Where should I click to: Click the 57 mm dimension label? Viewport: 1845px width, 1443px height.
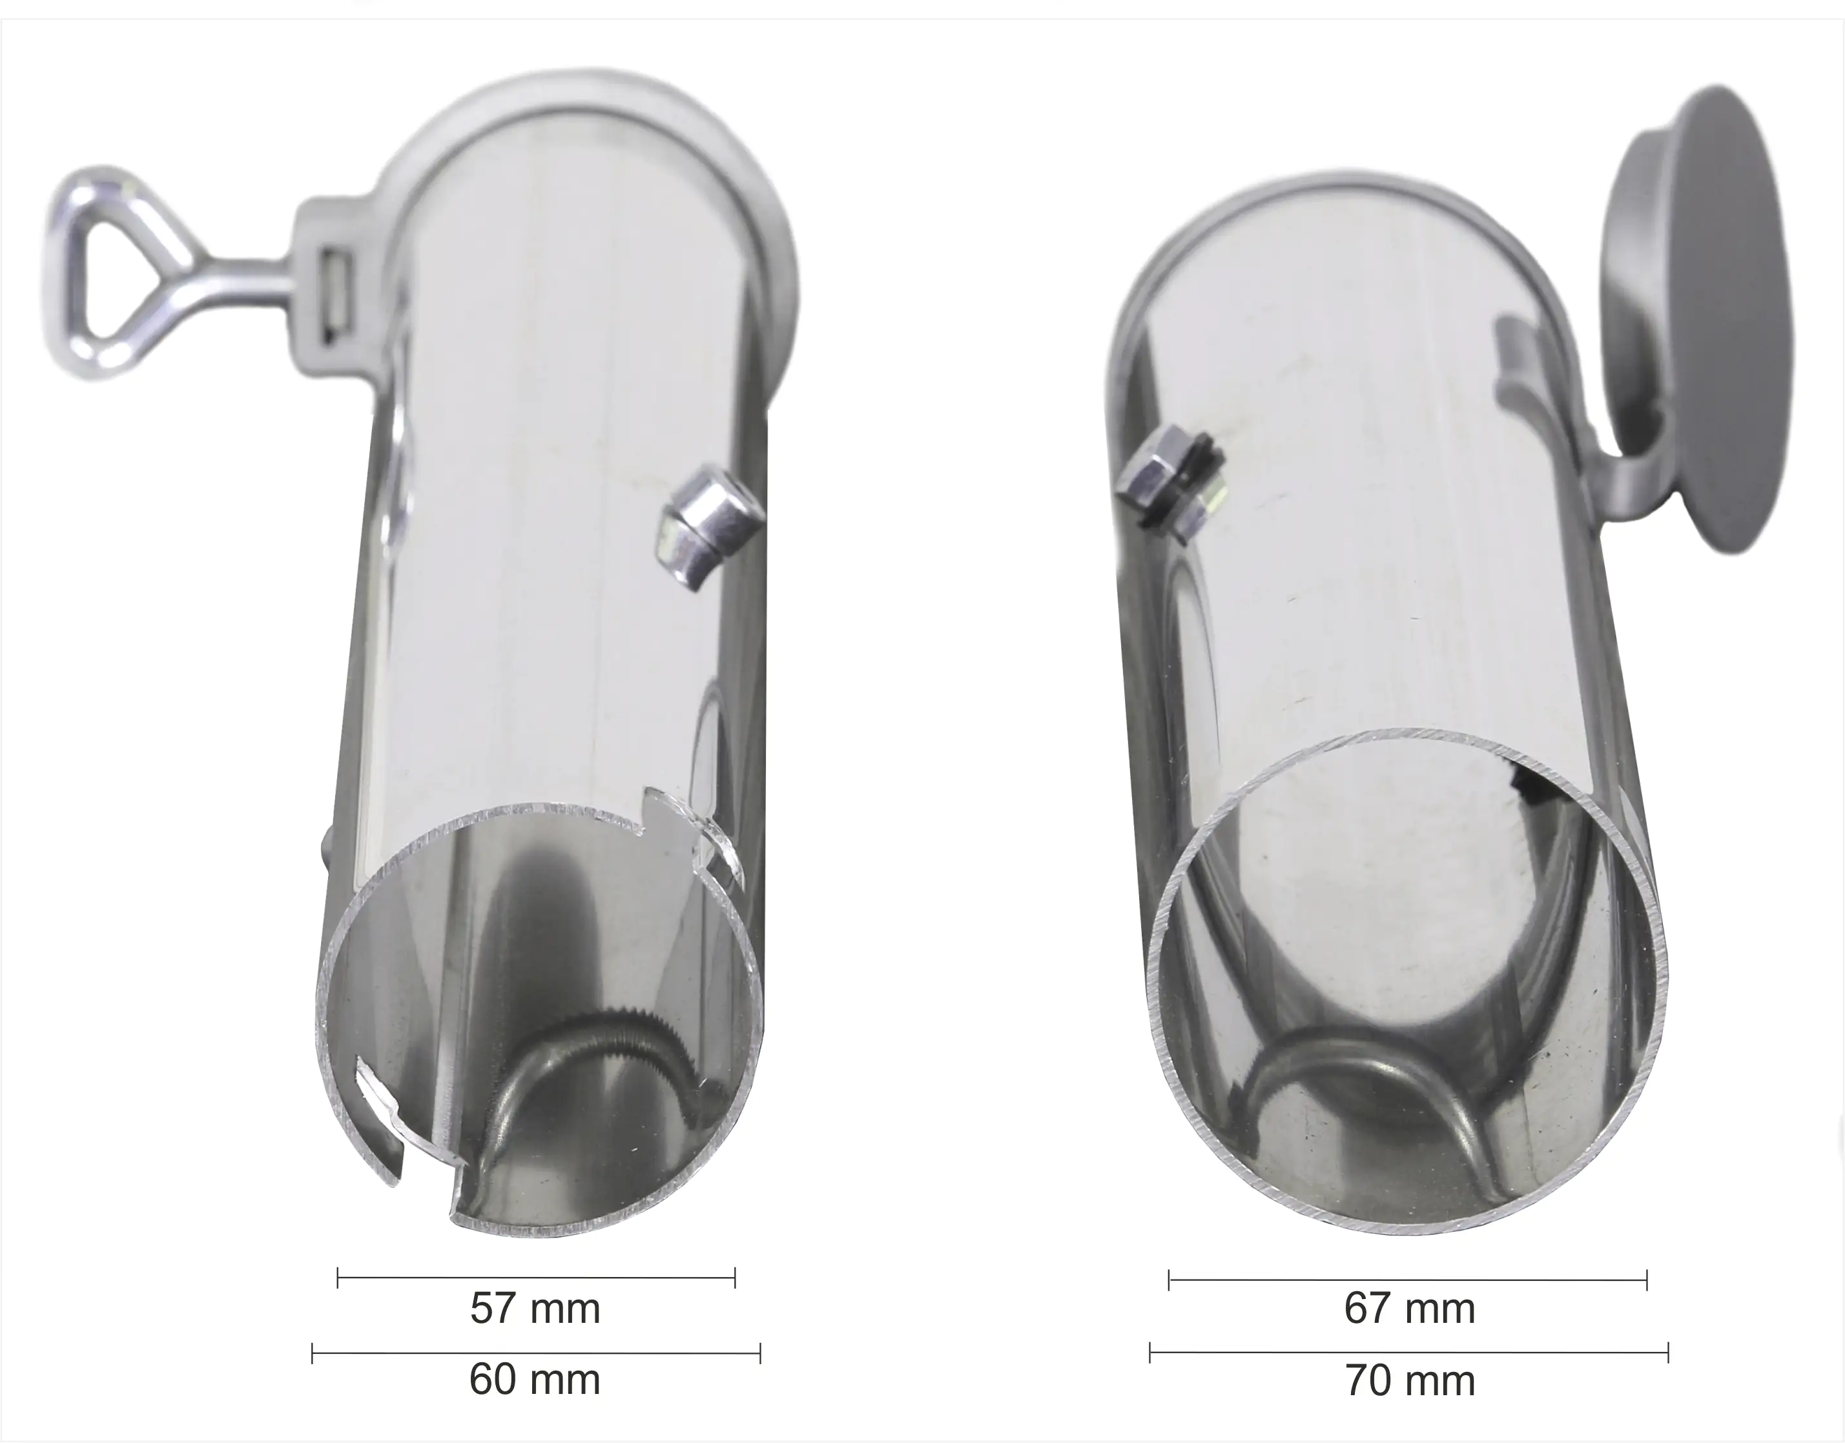click(x=535, y=1309)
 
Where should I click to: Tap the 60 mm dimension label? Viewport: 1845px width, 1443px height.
click(x=535, y=1380)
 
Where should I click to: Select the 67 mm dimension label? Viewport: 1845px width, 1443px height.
click(x=1410, y=1309)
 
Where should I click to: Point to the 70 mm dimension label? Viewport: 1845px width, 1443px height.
click(x=1410, y=1380)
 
